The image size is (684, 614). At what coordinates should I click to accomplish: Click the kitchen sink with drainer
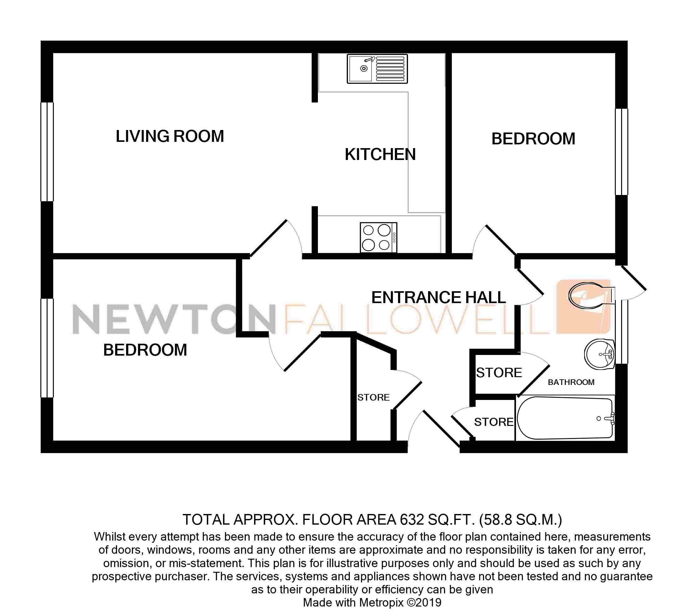[x=377, y=69]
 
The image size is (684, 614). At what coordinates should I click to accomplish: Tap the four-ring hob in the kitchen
[x=378, y=237]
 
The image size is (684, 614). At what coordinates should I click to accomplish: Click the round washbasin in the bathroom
[x=600, y=354]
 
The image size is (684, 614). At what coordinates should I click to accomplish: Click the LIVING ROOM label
[x=170, y=136]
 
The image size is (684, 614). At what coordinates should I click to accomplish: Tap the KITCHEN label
[x=380, y=154]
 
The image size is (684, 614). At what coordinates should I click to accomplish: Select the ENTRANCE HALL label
[x=438, y=297]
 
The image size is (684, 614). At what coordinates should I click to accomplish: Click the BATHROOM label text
[x=571, y=382]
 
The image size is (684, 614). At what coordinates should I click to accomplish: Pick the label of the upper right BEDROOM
[x=533, y=139]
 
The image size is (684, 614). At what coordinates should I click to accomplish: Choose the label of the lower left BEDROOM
[x=145, y=350]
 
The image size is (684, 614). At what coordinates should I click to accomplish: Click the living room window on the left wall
[x=47, y=152]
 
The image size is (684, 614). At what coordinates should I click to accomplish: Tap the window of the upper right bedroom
[x=621, y=152]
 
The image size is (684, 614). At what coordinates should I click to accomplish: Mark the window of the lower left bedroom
[x=47, y=348]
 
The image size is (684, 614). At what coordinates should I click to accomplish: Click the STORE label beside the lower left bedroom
[x=373, y=397]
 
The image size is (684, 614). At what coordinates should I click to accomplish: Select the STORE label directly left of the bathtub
[x=493, y=422]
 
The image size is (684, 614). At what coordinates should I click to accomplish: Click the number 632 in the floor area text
[x=412, y=520]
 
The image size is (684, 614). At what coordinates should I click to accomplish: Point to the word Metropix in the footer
[x=381, y=602]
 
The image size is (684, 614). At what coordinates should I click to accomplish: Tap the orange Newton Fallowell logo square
[x=583, y=307]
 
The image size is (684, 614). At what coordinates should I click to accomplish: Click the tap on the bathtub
[x=610, y=418]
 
